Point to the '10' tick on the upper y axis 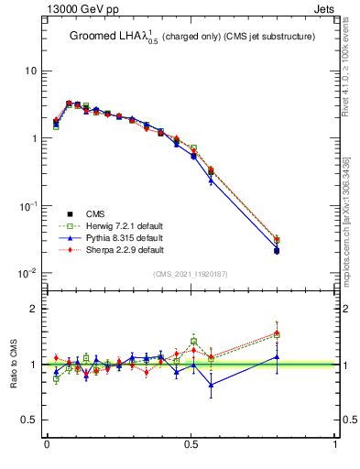30,71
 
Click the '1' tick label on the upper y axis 34,138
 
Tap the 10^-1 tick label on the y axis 28,205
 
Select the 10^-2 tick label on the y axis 28,273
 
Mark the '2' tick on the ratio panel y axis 34,309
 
